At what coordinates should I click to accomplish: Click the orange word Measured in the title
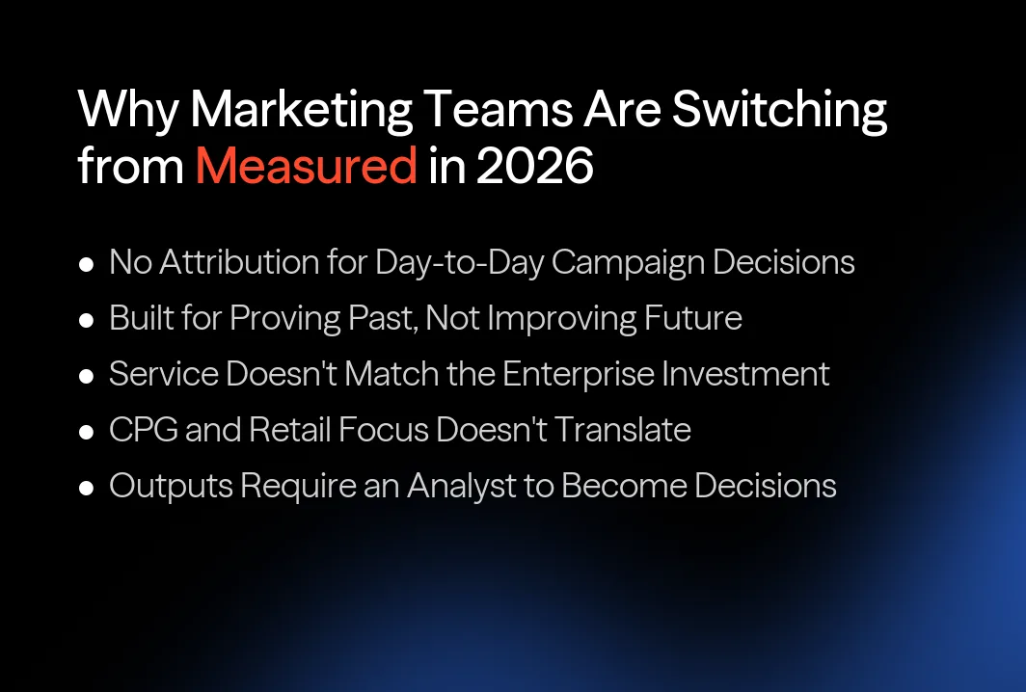306,167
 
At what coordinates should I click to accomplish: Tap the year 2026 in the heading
536,167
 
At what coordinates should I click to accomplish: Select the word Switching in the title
779,111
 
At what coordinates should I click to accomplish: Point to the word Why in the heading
127,111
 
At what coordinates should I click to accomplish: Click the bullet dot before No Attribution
87,264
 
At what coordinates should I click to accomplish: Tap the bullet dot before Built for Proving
87,320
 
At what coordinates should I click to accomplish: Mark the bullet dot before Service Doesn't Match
87,376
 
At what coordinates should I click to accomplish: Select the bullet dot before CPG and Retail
87,432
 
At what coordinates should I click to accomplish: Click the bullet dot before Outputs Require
87,488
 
